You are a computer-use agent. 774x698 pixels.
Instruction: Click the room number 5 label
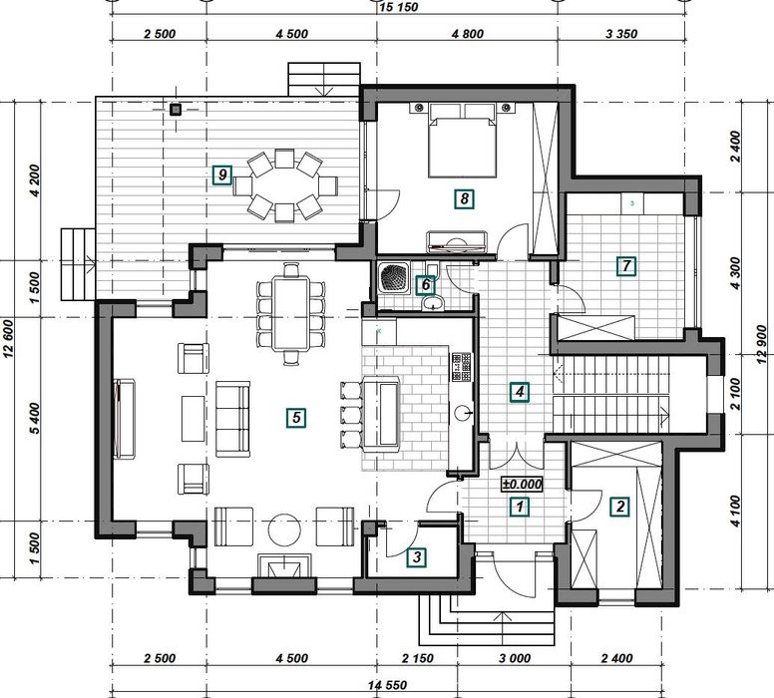296,418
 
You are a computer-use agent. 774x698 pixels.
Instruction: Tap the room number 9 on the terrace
222,174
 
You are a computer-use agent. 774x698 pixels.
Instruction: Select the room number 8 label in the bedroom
464,199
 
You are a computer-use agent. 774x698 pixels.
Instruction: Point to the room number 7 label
626,266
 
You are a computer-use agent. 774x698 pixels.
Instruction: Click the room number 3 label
417,557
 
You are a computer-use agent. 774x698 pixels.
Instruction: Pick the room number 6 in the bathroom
426,285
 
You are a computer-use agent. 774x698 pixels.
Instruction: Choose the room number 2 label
620,507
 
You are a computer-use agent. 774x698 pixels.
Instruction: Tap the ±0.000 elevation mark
522,485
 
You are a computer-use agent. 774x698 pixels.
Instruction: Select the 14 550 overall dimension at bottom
387,685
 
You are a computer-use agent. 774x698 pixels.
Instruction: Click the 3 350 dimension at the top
621,34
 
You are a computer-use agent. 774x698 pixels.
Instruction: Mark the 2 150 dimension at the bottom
418,658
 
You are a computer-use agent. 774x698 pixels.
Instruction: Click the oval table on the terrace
285,185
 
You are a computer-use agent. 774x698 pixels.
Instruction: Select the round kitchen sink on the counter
463,412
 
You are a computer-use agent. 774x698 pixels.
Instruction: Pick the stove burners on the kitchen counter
462,367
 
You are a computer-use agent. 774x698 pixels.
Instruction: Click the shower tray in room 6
393,278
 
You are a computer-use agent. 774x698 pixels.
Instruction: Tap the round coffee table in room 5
284,529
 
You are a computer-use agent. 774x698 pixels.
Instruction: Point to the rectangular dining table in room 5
291,313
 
